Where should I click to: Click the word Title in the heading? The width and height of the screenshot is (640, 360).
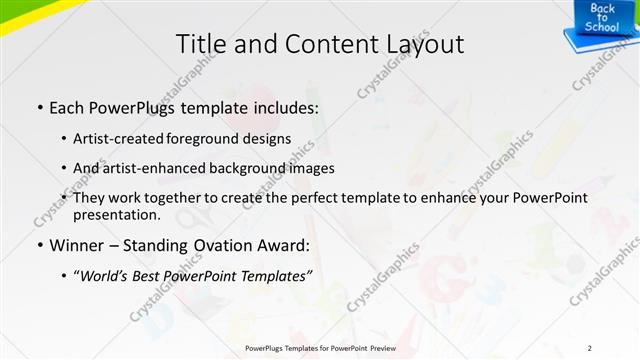tap(200, 44)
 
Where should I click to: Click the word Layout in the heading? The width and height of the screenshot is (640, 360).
tap(424, 44)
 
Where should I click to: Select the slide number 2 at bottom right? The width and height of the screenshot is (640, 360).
tap(589, 348)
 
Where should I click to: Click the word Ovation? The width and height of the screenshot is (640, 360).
tap(221, 245)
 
